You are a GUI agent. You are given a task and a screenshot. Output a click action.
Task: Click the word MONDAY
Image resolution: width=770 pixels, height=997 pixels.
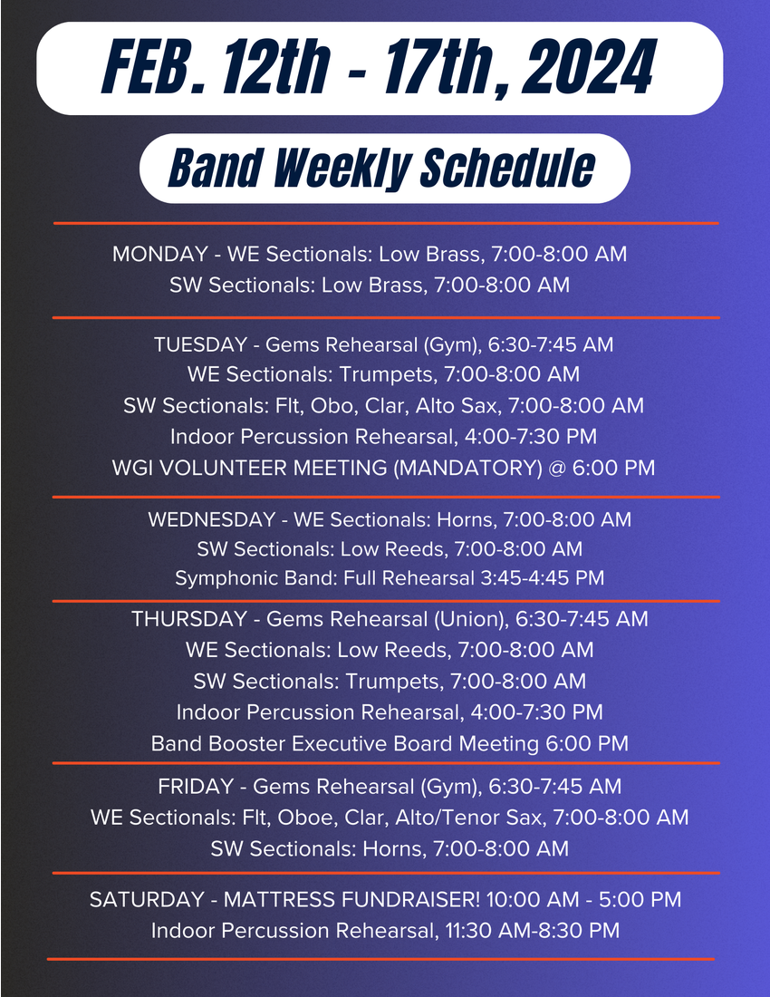pos(160,254)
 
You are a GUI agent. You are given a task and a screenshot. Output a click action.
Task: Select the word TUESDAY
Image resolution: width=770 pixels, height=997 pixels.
pos(200,344)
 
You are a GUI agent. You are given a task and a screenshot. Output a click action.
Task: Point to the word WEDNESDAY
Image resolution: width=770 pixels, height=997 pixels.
pos(212,519)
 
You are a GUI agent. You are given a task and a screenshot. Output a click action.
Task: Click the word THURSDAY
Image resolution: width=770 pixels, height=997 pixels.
pos(189,619)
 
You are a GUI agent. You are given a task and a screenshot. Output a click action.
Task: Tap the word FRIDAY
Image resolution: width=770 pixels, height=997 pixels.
pos(196,787)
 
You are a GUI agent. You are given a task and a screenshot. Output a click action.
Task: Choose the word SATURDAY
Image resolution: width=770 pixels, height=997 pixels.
pos(147,900)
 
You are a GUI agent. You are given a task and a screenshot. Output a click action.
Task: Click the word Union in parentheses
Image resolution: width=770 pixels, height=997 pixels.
pos(471,619)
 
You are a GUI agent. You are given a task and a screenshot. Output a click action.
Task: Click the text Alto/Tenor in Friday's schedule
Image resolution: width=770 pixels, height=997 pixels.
pos(450,817)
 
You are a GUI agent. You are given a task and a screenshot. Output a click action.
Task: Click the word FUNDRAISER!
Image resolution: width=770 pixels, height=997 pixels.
pos(410,900)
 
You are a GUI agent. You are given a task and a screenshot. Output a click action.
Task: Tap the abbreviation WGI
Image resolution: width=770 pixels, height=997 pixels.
pos(132,468)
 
